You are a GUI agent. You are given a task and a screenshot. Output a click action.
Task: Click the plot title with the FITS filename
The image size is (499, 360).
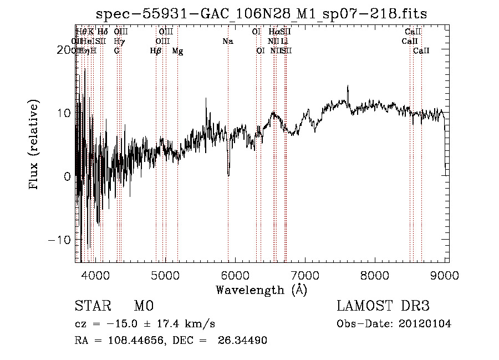click(x=261, y=13)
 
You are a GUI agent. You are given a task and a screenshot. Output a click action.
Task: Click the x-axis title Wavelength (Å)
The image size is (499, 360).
click(x=261, y=290)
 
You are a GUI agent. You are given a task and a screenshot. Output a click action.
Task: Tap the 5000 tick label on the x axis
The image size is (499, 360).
click(x=165, y=275)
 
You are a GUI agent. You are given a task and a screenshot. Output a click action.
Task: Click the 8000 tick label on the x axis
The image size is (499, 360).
click(x=376, y=275)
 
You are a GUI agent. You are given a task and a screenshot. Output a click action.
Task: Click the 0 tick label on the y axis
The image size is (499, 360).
click(x=67, y=176)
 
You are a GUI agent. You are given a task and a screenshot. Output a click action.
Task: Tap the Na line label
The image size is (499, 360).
click(x=228, y=41)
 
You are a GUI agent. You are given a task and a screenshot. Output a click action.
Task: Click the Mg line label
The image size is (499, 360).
click(x=177, y=50)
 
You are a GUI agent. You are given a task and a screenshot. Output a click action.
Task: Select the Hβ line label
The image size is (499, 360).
click(x=156, y=50)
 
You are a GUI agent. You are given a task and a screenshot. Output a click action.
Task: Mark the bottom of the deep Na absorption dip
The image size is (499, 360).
click(x=228, y=175)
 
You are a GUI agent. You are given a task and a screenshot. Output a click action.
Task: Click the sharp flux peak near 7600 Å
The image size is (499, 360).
click(x=348, y=87)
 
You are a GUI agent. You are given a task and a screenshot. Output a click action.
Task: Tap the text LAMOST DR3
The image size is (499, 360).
click(x=383, y=306)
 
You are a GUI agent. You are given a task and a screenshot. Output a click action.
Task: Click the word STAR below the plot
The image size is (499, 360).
click(x=91, y=306)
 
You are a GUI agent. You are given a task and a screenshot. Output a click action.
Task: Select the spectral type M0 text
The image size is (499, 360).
click(x=143, y=306)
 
